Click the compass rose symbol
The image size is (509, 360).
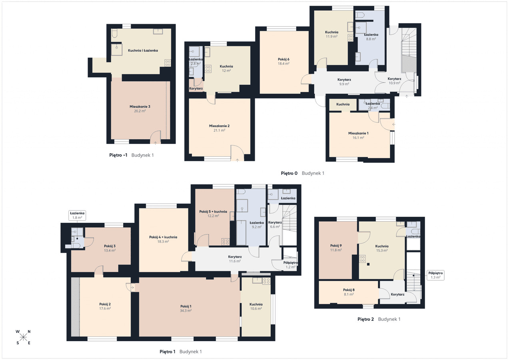tap(23, 337)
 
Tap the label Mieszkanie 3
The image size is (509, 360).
tap(140, 106)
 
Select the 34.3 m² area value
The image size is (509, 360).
tap(186, 311)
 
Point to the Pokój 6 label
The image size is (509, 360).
tap(283, 59)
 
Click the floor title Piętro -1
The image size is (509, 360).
tap(118, 155)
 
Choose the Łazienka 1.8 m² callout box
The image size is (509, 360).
tap(77, 215)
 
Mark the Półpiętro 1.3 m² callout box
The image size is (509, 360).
tap(435, 275)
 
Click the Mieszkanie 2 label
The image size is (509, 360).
tap(219, 126)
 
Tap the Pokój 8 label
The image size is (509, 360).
tap(349, 290)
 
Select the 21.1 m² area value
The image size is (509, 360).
tap(219, 130)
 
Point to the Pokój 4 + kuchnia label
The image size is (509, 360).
tap(163, 237)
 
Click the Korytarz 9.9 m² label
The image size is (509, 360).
tap(344, 82)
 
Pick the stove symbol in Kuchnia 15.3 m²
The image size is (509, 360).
tap(362, 259)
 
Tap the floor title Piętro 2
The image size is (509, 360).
tap(365, 319)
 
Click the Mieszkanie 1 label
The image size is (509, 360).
tap(358, 134)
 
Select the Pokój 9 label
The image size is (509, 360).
tap(336, 246)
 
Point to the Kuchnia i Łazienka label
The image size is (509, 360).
tap(143, 50)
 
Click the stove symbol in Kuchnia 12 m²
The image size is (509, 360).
tap(208, 69)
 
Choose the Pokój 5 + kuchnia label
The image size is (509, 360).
tap(213, 212)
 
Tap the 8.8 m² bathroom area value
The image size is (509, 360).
tap(371, 39)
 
